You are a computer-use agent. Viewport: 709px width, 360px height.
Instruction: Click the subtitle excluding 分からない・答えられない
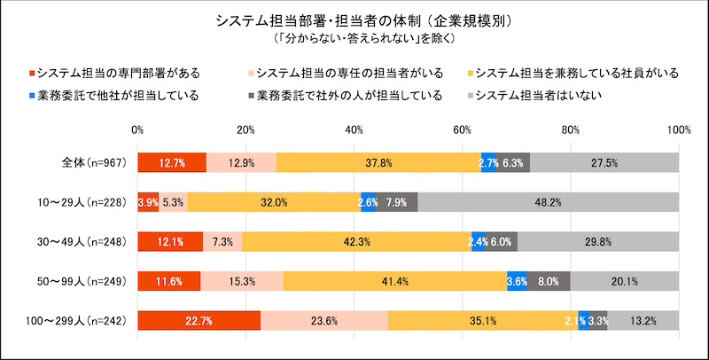[354, 38]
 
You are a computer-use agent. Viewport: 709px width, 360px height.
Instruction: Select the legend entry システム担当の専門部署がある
[115, 72]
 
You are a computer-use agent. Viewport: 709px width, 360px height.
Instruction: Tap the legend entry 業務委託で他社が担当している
[115, 94]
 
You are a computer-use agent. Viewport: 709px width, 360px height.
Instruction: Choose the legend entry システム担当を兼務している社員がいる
[571, 72]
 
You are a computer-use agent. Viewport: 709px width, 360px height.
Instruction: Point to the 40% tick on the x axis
[354, 130]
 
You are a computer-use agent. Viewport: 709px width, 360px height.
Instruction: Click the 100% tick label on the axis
[678, 130]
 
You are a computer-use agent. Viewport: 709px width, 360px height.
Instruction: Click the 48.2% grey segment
[548, 202]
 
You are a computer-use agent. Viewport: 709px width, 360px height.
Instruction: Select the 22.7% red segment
[199, 321]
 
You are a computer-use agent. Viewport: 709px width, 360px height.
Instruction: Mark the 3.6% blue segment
[517, 281]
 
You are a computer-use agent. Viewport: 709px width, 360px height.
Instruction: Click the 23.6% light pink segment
[323, 321]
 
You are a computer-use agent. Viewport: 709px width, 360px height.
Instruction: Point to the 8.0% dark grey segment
[549, 281]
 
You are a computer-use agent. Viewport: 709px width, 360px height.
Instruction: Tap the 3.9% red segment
[148, 202]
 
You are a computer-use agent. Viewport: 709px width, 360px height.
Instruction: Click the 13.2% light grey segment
[643, 321]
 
